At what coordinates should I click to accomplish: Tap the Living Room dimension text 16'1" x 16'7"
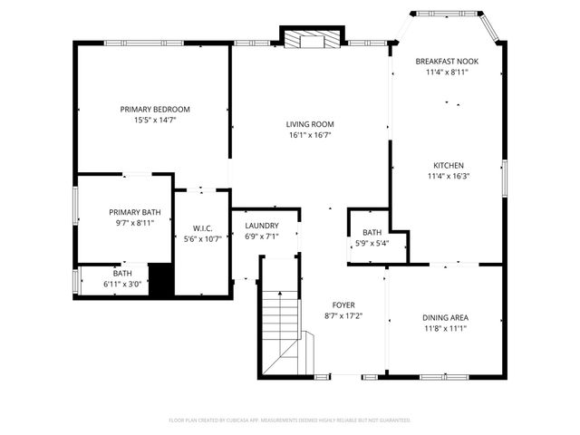tap(311, 136)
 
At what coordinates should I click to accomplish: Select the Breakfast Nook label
tap(447, 61)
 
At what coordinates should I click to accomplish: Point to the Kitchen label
tap(448, 165)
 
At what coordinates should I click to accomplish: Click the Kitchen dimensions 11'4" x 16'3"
tap(448, 177)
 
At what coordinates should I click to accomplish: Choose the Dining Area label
tap(445, 317)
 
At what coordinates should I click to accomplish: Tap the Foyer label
tap(343, 305)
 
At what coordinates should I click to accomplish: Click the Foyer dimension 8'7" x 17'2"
tap(343, 316)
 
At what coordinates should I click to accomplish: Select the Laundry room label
tap(262, 226)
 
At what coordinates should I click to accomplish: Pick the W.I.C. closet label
tap(202, 228)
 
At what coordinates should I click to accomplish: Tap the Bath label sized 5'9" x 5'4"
tap(372, 232)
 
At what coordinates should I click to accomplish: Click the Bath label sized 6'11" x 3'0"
tap(122, 273)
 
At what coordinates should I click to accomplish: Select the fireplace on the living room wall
tap(311, 39)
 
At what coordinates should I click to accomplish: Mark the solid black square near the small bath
tap(160, 278)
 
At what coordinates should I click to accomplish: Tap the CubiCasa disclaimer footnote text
tap(290, 420)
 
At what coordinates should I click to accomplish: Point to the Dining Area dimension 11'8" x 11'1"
tap(445, 329)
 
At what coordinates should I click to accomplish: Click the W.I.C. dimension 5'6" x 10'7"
tap(202, 239)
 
